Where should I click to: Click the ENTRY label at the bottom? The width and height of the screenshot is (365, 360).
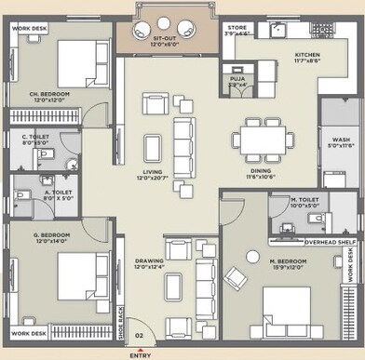(141, 354)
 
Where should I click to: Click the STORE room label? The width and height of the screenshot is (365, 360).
(237, 28)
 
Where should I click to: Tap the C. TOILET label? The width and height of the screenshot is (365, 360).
(34, 140)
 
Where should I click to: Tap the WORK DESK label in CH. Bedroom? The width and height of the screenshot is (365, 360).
(30, 29)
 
